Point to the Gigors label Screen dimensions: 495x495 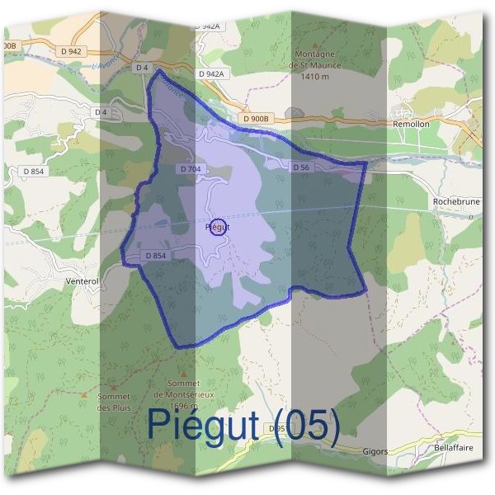pyautogui.click(x=375, y=451)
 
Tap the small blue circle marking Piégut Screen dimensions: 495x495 pyautogui.click(x=218, y=227)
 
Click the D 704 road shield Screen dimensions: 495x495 pyautogui.click(x=190, y=169)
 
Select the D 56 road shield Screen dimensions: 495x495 pyautogui.click(x=300, y=167)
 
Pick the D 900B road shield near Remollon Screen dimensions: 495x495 pyautogui.click(x=257, y=119)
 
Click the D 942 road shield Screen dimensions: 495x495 pyautogui.click(x=71, y=51)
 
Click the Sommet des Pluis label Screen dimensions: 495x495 pyautogui.click(x=113, y=402)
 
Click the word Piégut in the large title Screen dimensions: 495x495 pyautogui.click(x=206, y=425)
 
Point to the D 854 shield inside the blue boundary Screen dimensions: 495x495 pyautogui.click(x=156, y=257)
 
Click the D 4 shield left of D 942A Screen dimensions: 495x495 pyautogui.click(x=141, y=67)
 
